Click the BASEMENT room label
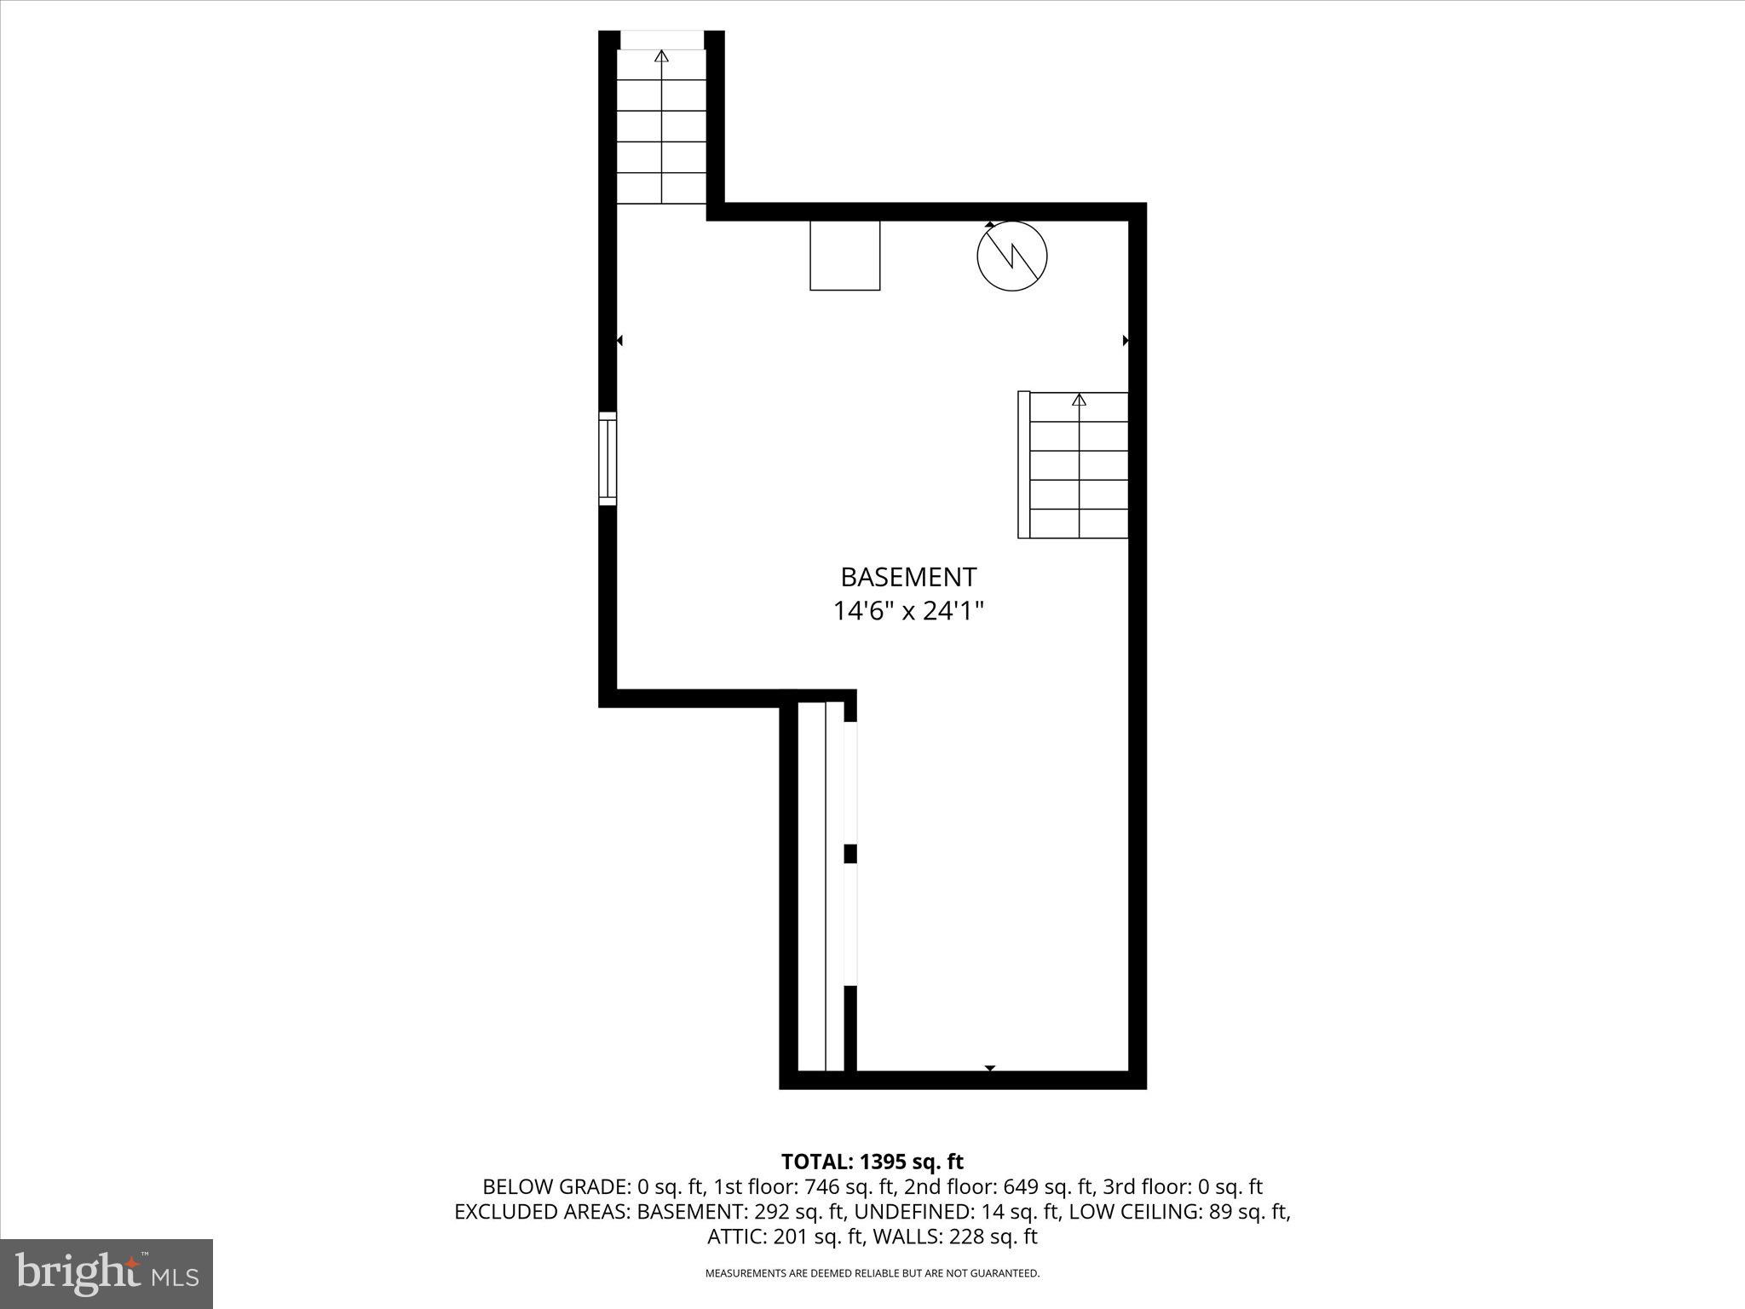click(908, 577)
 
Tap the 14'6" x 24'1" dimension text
click(908, 611)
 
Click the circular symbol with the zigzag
click(1011, 256)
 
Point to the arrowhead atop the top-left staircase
click(661, 56)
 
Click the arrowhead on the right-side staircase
click(1080, 400)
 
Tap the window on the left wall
click(607, 458)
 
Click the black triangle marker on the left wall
click(619, 341)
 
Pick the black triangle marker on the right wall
click(1126, 341)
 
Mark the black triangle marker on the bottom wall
click(990, 1068)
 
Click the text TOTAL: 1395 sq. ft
click(872, 1162)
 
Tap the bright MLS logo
click(107, 1273)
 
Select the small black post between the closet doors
click(849, 854)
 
